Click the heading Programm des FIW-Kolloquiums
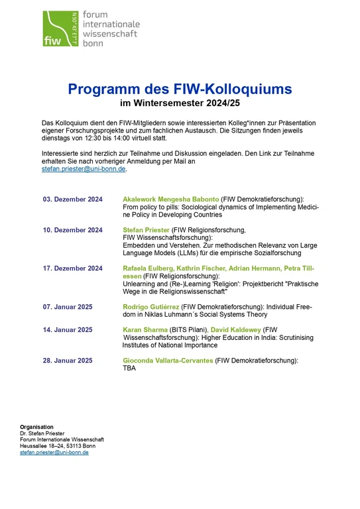click(x=180, y=89)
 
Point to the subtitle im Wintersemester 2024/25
click(x=180, y=103)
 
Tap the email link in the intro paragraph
click(x=84, y=169)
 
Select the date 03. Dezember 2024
click(x=73, y=199)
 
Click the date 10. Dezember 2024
click(x=73, y=230)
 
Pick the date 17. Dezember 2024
click(x=73, y=268)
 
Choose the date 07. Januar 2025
click(x=68, y=307)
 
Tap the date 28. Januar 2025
click(x=68, y=360)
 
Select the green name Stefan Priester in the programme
click(x=147, y=230)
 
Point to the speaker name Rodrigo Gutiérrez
click(x=150, y=307)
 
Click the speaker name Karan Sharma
click(x=144, y=329)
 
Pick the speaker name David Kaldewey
click(x=239, y=329)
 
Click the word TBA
click(x=129, y=368)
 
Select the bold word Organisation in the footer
click(x=37, y=427)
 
